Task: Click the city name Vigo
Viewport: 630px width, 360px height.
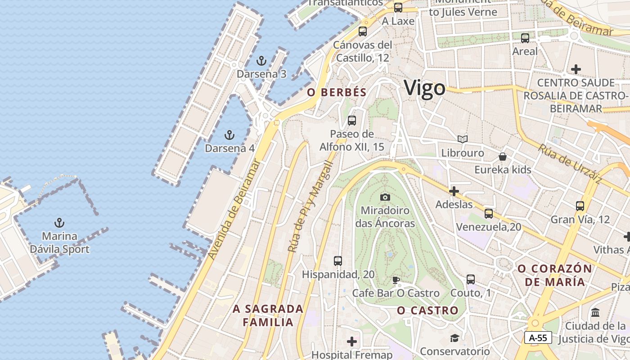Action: [424, 88]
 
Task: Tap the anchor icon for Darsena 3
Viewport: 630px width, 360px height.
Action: [261, 61]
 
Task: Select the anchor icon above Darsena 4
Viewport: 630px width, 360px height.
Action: [229, 135]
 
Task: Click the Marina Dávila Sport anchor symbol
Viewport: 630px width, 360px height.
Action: [59, 223]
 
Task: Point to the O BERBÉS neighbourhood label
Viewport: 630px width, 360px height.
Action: [337, 92]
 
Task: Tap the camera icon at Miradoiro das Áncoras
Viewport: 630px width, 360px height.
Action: [385, 197]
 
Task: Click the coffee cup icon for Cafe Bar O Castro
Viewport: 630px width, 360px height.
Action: [396, 280]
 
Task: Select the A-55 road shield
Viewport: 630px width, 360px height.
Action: [538, 337]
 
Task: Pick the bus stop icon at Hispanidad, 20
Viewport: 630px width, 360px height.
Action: [337, 261]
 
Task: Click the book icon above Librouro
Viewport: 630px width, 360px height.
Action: [462, 139]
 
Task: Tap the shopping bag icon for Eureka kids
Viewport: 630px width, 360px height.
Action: [503, 157]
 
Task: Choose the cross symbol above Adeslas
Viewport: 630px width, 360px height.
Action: [454, 191]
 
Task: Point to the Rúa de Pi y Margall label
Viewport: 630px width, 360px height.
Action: [310, 207]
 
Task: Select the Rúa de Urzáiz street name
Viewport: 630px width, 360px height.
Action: [570, 164]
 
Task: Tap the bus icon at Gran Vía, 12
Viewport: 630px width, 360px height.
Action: [580, 206]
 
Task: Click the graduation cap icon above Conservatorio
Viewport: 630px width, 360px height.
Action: [454, 338]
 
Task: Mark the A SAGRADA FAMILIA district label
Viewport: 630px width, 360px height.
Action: [268, 315]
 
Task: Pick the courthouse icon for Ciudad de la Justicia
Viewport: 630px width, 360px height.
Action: [595, 312]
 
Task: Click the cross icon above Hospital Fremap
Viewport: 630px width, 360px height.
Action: [352, 342]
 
